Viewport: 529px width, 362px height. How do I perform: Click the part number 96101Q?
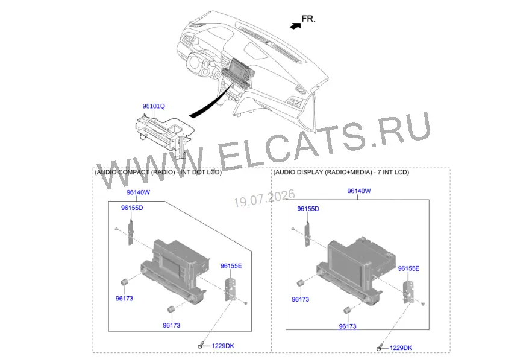point(154,106)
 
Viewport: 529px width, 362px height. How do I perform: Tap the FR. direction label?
point(308,19)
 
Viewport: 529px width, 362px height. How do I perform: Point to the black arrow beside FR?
point(295,26)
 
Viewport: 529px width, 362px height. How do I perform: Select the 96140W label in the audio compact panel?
point(138,192)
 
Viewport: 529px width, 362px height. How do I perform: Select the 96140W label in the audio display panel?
point(359,191)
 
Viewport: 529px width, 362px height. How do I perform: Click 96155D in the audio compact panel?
point(132,208)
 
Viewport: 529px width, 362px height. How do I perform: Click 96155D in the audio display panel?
point(308,209)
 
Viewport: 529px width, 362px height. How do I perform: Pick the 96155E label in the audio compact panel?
point(231,266)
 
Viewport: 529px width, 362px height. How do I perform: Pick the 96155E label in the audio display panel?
point(408,269)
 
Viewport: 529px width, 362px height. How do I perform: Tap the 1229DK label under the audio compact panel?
point(223,346)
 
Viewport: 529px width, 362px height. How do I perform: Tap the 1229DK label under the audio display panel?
point(401,348)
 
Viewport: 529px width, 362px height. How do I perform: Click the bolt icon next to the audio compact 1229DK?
point(201,346)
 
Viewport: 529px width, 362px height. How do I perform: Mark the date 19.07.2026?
point(264,198)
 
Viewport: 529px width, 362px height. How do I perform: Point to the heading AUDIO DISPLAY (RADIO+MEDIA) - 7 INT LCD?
point(341,172)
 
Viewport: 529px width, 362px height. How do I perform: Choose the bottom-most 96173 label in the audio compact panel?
point(171,326)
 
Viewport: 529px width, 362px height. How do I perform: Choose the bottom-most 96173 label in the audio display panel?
point(348,326)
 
